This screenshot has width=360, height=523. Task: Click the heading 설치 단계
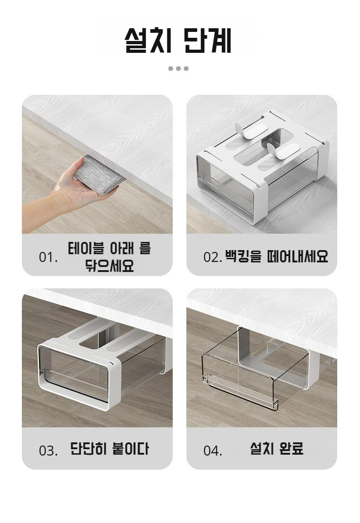point(178,40)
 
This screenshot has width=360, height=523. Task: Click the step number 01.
point(48,257)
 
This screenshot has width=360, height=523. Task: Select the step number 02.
point(212,257)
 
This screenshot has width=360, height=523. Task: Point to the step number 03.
point(48,451)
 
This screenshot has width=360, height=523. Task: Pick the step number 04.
point(212,451)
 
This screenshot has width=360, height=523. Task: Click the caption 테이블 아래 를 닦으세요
point(109,257)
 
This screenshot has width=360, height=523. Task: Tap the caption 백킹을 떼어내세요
point(277,256)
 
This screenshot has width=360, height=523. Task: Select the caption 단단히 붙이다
point(109,449)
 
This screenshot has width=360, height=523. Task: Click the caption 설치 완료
point(277,448)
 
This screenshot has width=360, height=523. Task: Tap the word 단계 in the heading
point(207,40)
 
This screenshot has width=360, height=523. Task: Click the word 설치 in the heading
point(148,40)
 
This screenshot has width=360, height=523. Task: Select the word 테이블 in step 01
point(88,248)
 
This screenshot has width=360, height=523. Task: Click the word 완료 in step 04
point(290,448)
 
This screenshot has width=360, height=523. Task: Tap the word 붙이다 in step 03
point(130,449)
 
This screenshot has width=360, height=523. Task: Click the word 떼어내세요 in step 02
point(298,256)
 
